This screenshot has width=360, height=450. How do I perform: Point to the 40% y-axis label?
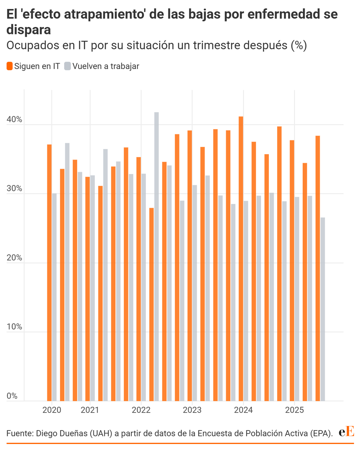point(15,120)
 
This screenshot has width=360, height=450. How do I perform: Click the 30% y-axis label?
point(15,189)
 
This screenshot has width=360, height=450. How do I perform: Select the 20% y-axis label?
point(15,258)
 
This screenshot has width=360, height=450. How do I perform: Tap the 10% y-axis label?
point(15,327)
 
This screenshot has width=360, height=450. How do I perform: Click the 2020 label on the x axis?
point(52,410)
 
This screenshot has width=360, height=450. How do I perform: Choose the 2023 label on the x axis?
point(192,410)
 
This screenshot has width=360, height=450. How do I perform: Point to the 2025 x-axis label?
point(294,410)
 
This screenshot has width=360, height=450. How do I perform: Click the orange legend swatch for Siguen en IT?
point(10,66)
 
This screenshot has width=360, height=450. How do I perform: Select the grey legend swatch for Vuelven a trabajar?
point(67,66)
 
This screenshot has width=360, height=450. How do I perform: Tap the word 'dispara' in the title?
point(28,30)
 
